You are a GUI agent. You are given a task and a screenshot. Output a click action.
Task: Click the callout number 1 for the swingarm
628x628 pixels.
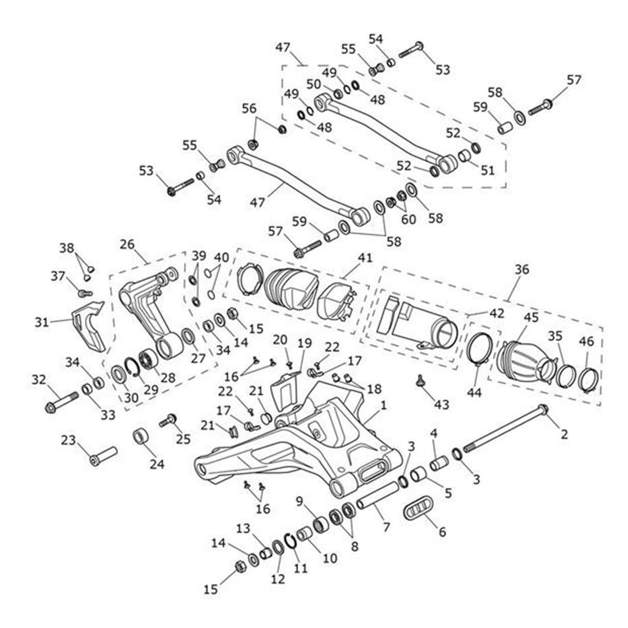point(384,405)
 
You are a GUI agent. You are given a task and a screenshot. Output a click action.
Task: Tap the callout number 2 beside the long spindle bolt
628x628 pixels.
point(564,433)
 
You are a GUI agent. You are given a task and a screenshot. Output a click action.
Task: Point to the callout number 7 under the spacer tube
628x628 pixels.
point(386,527)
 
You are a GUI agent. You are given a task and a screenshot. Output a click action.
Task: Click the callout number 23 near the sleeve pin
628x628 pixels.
point(69,441)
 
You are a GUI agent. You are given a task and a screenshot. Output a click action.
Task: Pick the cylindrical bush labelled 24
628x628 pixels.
point(141,436)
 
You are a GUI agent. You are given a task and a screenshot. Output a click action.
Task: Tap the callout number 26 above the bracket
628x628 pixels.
point(127,244)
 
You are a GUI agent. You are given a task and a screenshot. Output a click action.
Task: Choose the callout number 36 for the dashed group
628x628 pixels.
point(521,270)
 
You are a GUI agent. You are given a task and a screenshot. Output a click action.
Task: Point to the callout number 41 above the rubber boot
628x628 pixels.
point(365,258)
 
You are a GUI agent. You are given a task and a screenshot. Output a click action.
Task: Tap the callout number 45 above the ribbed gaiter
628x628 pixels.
point(531,318)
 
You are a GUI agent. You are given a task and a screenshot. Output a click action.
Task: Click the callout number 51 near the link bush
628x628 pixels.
point(487,170)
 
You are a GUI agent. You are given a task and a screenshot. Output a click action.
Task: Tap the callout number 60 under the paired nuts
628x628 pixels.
point(409,219)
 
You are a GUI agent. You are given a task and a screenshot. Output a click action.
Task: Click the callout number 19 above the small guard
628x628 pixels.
point(305,343)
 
